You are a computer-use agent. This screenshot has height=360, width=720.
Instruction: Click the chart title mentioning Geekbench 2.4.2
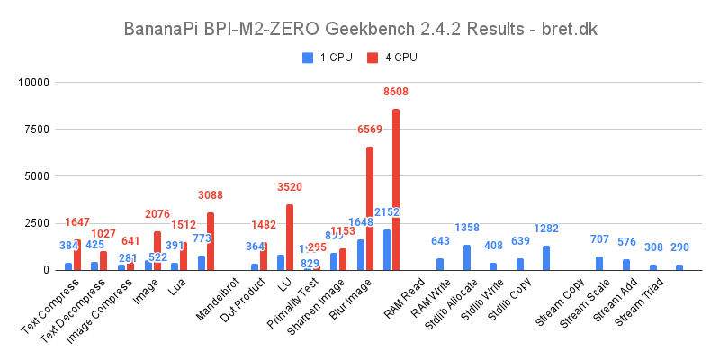(x=360, y=29)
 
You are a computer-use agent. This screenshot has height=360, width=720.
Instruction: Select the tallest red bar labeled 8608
(x=396, y=189)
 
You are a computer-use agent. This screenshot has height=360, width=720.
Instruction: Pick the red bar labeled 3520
(x=290, y=238)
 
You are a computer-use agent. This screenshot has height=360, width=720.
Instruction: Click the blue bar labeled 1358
(x=467, y=257)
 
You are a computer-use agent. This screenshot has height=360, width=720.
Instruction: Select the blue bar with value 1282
(x=546, y=258)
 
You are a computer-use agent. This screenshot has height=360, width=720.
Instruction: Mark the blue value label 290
(x=679, y=247)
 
